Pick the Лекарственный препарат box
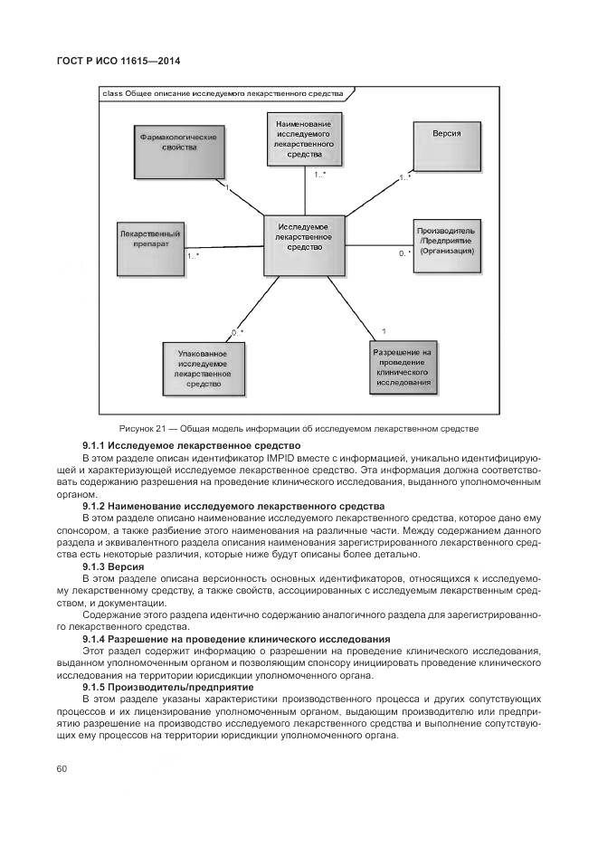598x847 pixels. coord(150,247)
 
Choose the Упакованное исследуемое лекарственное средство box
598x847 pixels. coord(203,367)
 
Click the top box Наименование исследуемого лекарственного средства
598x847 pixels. coord(304,138)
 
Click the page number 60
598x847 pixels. coord(62,769)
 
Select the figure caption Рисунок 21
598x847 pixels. coord(298,428)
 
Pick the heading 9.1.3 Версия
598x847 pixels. coord(108,566)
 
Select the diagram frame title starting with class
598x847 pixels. coord(223,93)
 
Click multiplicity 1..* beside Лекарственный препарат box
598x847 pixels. coord(193,256)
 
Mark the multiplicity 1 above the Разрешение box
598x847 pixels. coord(384,331)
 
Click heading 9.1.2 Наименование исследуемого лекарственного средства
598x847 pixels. coord(233,506)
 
